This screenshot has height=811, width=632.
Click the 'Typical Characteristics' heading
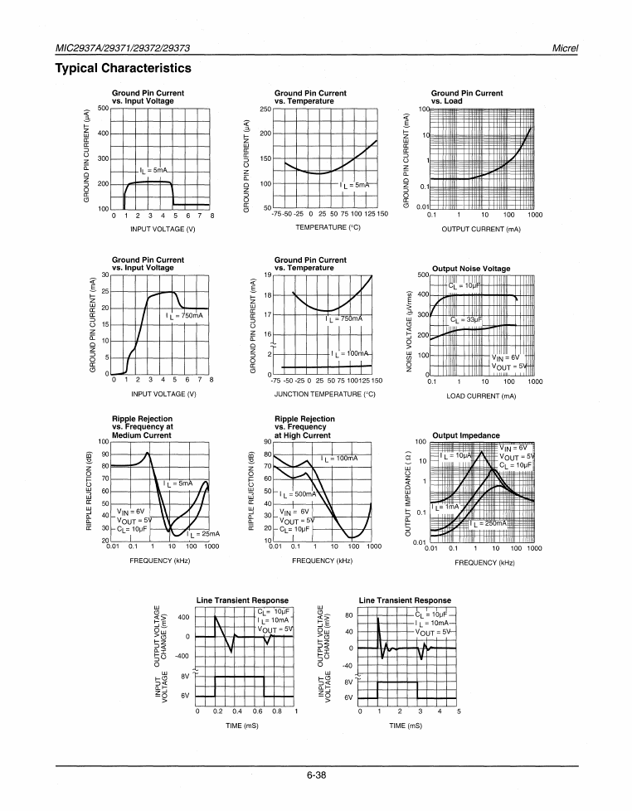click(123, 68)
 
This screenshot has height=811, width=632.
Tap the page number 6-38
click(315, 776)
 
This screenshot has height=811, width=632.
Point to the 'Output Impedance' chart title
click(466, 435)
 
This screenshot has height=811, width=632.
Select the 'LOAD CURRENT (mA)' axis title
click(481, 396)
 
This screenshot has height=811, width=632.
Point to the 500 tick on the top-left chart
click(103, 108)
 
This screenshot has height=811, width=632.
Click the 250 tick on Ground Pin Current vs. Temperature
click(265, 109)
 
